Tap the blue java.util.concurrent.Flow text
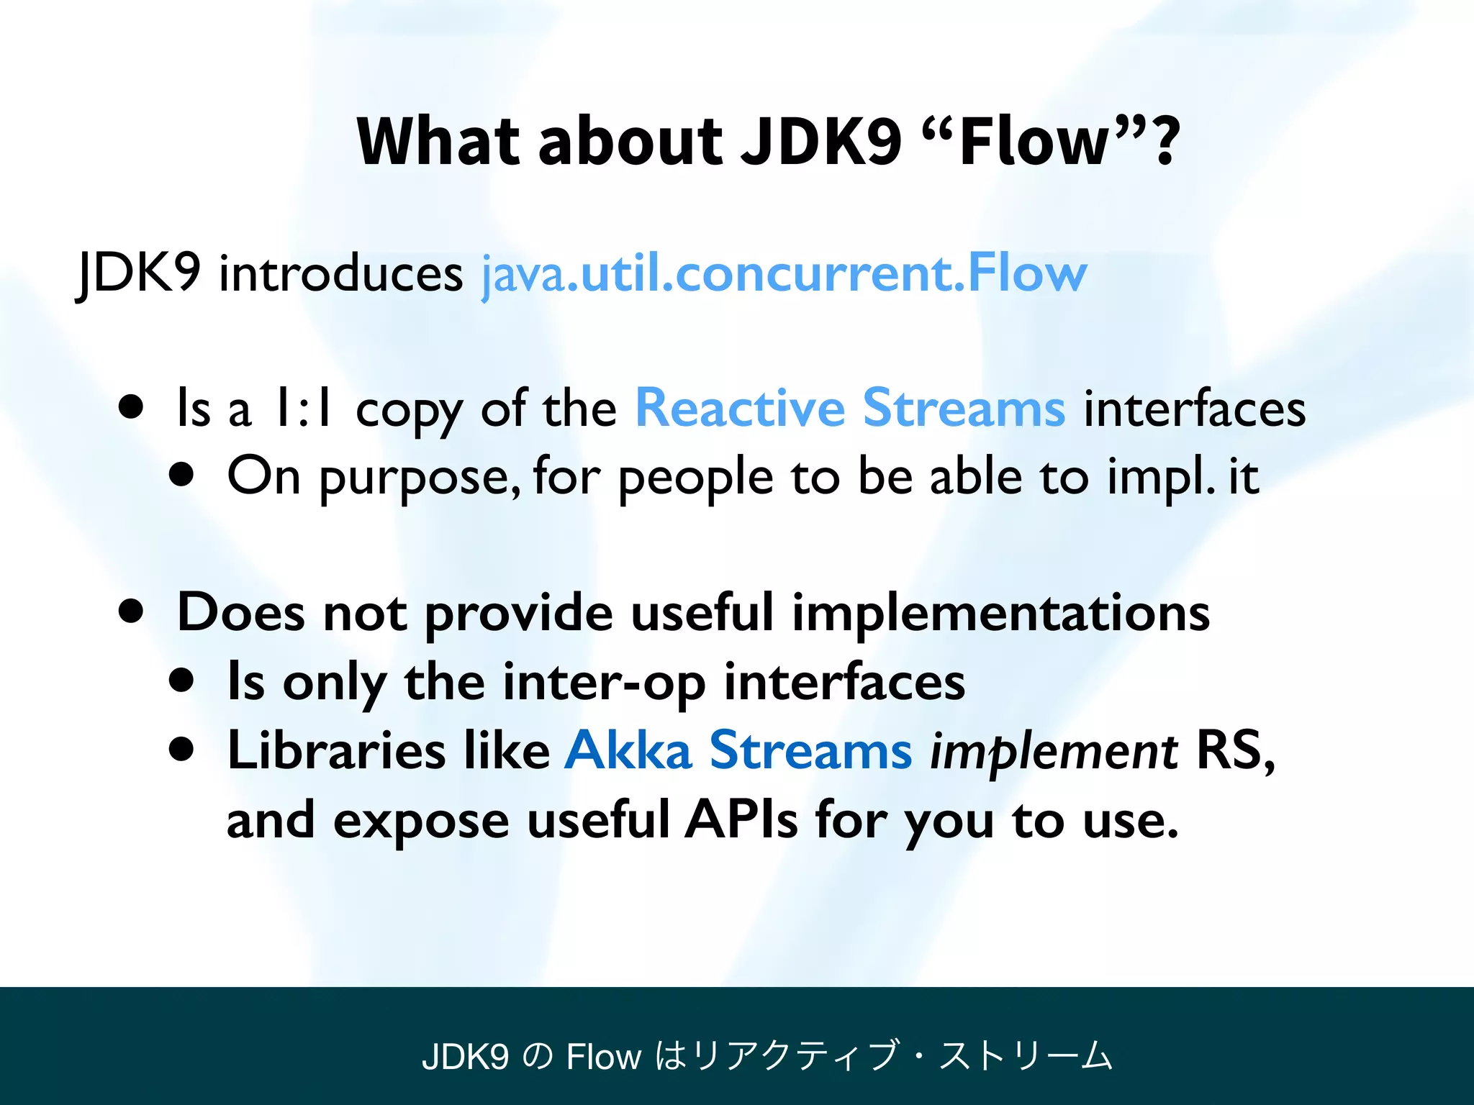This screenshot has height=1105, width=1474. point(784,273)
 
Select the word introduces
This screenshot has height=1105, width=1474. point(340,273)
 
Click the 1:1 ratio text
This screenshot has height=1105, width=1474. point(302,409)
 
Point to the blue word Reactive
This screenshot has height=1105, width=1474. point(740,408)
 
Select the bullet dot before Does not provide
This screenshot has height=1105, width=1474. point(131,611)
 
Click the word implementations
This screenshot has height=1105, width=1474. point(1000,613)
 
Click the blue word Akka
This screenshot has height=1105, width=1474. point(628,750)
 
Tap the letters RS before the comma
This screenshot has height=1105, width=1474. point(1228,750)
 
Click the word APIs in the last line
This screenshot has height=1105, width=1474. point(741,819)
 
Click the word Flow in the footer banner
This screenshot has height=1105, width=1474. point(603,1056)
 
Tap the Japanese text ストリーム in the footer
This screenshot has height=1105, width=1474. point(1026,1056)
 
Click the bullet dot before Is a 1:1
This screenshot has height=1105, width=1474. point(131,408)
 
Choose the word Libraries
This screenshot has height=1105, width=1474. point(336,750)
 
